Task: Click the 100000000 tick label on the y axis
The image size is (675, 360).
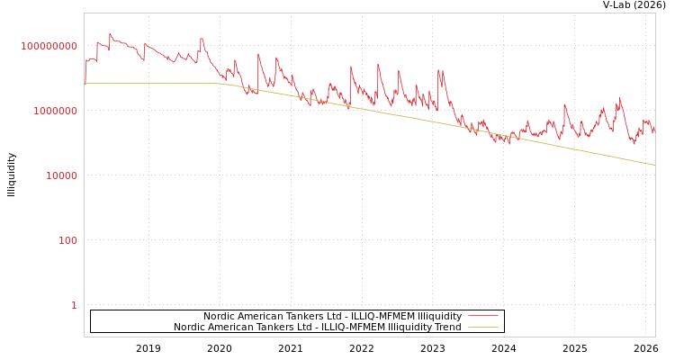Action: (x=49, y=46)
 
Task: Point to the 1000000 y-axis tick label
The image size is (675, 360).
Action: (x=56, y=111)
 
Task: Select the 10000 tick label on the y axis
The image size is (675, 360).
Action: (x=62, y=175)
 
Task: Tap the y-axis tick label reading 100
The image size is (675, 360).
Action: (x=68, y=240)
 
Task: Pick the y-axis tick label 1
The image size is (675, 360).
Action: (x=74, y=305)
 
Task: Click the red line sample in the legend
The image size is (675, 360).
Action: (x=483, y=317)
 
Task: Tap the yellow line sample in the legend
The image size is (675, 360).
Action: (x=483, y=328)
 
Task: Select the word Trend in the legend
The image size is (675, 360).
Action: (x=447, y=328)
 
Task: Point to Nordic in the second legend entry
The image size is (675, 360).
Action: (x=189, y=328)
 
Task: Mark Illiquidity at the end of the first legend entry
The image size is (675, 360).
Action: (x=433, y=317)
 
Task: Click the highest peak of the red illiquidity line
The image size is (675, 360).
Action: (x=111, y=34)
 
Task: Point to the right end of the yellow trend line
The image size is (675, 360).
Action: (x=654, y=165)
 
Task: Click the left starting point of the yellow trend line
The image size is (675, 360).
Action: (x=85, y=83)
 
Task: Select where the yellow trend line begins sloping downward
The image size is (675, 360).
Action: (x=223, y=84)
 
